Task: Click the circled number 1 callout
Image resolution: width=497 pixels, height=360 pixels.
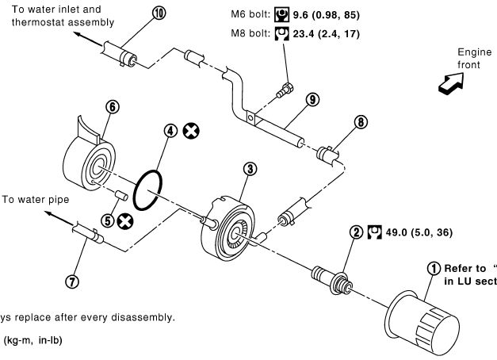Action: [433, 268]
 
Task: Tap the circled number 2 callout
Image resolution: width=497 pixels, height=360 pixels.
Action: [357, 232]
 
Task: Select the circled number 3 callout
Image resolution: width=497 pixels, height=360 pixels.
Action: [250, 169]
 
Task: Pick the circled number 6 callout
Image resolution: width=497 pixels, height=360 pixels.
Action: [112, 106]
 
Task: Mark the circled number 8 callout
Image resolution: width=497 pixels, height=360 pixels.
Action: [361, 122]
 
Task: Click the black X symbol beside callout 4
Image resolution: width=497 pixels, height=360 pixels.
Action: [190, 131]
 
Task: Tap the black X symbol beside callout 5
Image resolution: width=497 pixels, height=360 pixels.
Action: [124, 223]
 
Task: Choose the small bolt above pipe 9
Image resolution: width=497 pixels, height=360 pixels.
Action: [285, 90]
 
